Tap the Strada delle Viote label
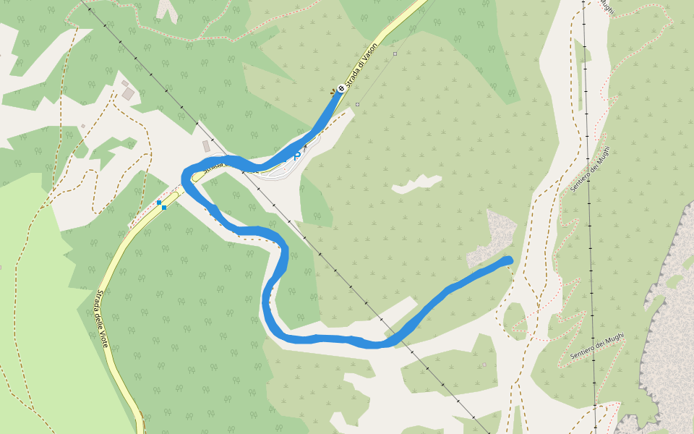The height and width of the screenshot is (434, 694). (102, 319)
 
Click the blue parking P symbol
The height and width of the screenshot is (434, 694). (297, 154)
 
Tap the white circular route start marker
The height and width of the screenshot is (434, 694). (341, 88)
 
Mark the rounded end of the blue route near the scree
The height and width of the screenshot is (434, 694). (508, 260)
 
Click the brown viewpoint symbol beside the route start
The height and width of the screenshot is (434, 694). (333, 91)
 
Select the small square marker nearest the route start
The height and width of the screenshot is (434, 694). (357, 104)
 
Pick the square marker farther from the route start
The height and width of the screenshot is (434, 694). (395, 54)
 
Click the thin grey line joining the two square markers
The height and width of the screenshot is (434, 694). (376, 79)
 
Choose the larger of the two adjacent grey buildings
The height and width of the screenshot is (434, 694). (129, 93)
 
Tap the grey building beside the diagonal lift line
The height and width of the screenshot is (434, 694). (207, 145)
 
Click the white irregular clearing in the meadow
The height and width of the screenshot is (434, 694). (417, 184)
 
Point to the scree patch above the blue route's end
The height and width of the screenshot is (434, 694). (494, 235)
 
